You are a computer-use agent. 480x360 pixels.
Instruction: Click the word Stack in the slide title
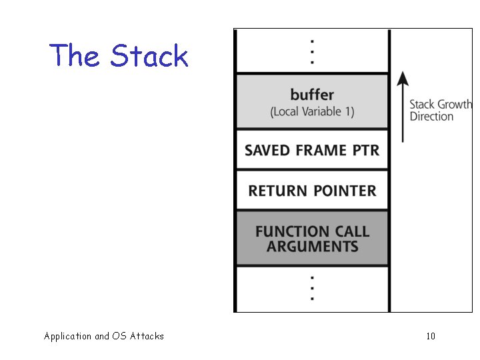click(x=149, y=56)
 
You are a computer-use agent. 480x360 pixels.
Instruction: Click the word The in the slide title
click(x=74, y=56)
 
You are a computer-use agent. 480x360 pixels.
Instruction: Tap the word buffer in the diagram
click(x=312, y=94)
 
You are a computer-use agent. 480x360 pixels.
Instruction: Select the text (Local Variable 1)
click(x=312, y=111)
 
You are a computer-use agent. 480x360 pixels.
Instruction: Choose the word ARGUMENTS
click(x=312, y=247)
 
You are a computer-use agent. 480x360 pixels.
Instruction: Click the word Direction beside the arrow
click(x=431, y=117)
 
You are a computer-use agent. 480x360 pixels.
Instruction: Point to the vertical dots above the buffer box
click(x=312, y=51)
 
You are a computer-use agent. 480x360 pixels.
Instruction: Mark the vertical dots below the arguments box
click(x=312, y=288)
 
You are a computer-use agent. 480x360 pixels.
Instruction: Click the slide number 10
click(x=431, y=336)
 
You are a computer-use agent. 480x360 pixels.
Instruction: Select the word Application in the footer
click(x=67, y=336)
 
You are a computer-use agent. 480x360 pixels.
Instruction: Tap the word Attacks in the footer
click(x=147, y=336)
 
